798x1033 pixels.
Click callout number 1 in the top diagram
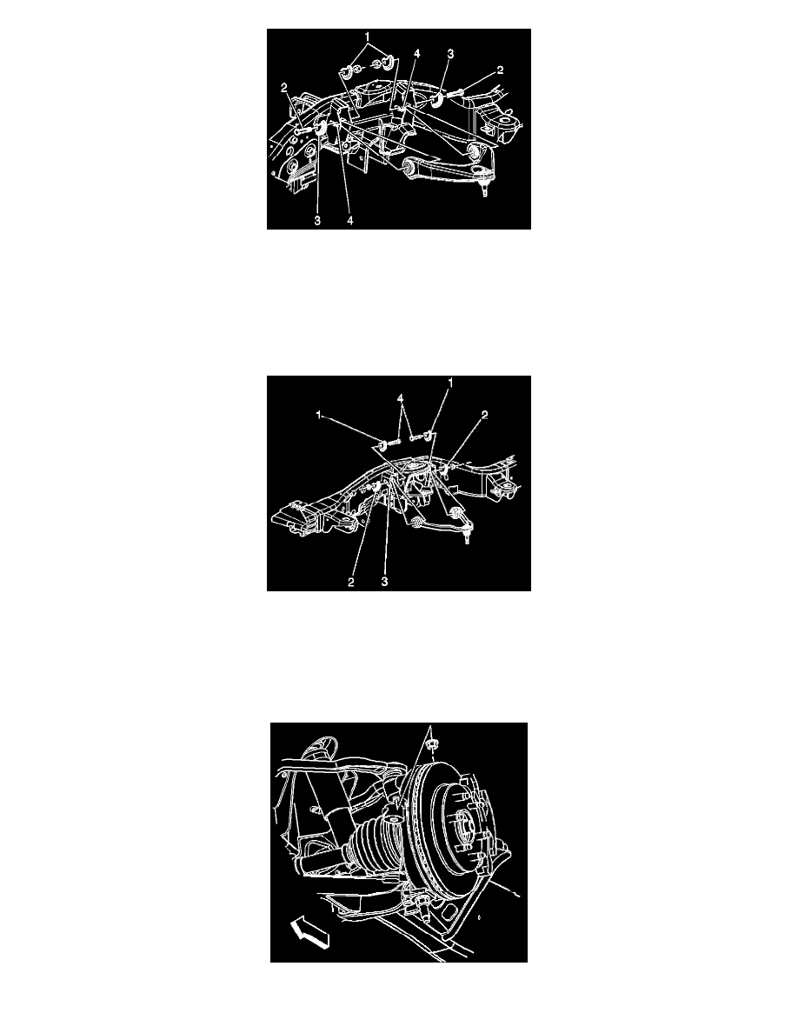pyautogui.click(x=368, y=37)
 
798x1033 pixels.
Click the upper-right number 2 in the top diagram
pyautogui.click(x=501, y=70)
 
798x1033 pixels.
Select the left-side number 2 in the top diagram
pyautogui.click(x=284, y=87)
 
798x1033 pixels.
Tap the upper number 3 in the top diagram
pyautogui.click(x=450, y=54)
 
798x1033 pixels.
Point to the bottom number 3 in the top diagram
pyautogui.click(x=317, y=221)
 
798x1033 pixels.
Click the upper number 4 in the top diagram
pyautogui.click(x=416, y=53)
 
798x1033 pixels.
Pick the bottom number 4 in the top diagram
pyautogui.click(x=350, y=221)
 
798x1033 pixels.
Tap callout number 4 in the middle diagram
pyautogui.click(x=400, y=399)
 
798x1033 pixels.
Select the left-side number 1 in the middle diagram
pyautogui.click(x=319, y=415)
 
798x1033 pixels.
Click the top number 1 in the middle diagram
pyautogui.click(x=451, y=382)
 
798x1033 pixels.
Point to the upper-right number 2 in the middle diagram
pyautogui.click(x=484, y=415)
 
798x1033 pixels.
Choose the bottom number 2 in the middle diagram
pyautogui.click(x=351, y=583)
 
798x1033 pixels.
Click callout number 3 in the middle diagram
pyautogui.click(x=384, y=583)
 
